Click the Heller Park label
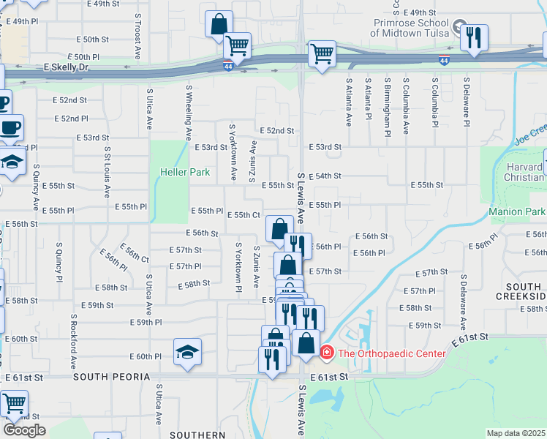pyautogui.click(x=185, y=173)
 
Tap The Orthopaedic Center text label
pyautogui.click(x=391, y=353)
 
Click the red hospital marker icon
pyautogui.click(x=325, y=353)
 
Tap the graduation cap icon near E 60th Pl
pyautogui.click(x=187, y=352)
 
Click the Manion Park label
pyautogui.click(x=517, y=212)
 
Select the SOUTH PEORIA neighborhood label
pyautogui.click(x=110, y=377)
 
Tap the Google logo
pyautogui.click(x=24, y=430)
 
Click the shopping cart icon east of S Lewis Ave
pyautogui.click(x=321, y=53)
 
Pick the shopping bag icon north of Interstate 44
pyautogui.click(x=219, y=24)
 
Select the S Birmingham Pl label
pyautogui.click(x=387, y=106)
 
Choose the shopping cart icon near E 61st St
pyautogui.click(x=14, y=403)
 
